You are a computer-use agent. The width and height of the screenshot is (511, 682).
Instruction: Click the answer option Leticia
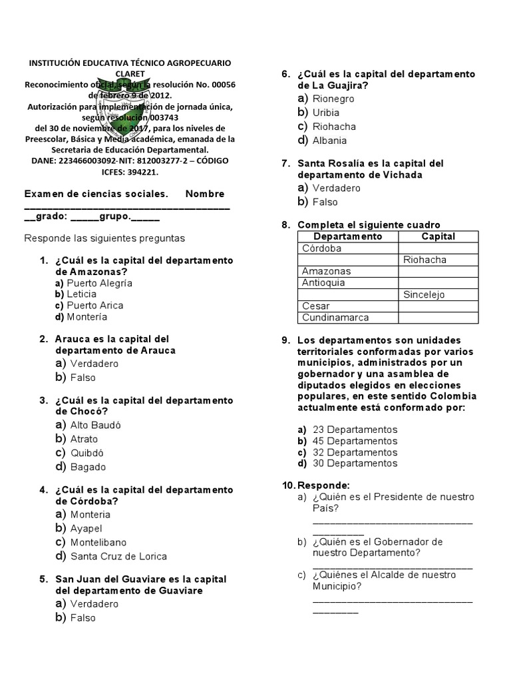pyautogui.click(x=81, y=294)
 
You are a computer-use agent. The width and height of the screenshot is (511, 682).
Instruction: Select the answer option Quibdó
pyautogui.click(x=88, y=453)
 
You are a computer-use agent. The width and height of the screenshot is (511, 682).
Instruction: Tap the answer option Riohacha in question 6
pyautogui.click(x=334, y=127)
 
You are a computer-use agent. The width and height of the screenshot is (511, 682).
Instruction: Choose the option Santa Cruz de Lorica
pyautogui.click(x=118, y=556)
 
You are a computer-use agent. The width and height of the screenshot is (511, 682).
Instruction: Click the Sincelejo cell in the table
pyautogui.click(x=425, y=294)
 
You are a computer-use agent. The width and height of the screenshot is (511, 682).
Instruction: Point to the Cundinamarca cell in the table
pyautogui.click(x=335, y=318)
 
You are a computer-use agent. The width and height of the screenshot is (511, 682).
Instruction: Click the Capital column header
pyautogui.click(x=438, y=236)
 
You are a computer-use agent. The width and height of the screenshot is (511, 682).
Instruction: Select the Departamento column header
pyautogui.click(x=347, y=236)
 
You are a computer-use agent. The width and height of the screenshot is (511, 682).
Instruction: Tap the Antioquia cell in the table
pyautogui.click(x=323, y=282)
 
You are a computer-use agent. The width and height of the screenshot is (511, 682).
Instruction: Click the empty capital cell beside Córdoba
pyautogui.click(x=438, y=248)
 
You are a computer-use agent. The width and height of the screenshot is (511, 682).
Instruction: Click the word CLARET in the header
pyautogui.click(x=130, y=73)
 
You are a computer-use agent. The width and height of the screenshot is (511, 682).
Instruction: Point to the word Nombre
pyautogui.click(x=205, y=194)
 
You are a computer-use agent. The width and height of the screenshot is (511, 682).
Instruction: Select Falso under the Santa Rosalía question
pyautogui.click(x=325, y=202)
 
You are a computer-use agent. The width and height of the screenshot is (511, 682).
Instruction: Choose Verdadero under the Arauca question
pyautogui.click(x=94, y=364)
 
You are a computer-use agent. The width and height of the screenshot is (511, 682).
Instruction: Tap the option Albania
pyautogui.click(x=329, y=141)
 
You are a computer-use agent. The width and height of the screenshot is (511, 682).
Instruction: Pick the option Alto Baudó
pyautogui.click(x=96, y=425)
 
